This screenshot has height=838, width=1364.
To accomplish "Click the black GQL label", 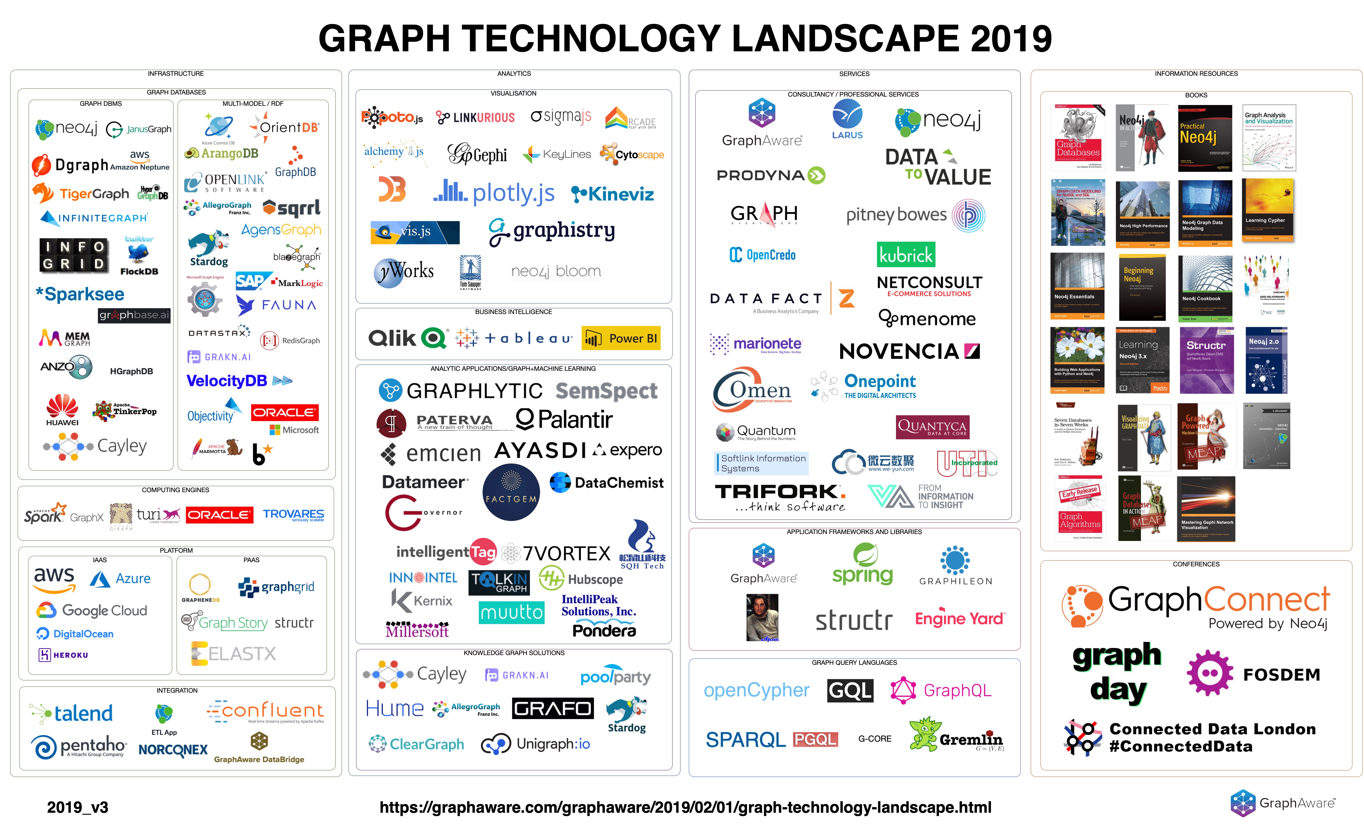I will (x=850, y=691).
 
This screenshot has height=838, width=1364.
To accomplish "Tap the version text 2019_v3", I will (x=78, y=807).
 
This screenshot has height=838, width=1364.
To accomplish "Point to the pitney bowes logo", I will (x=914, y=215).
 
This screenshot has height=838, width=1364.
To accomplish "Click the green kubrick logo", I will (x=906, y=255).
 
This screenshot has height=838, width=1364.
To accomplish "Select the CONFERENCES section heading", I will (x=1196, y=564).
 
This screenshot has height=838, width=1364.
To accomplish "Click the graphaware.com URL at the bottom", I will (x=685, y=807).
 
